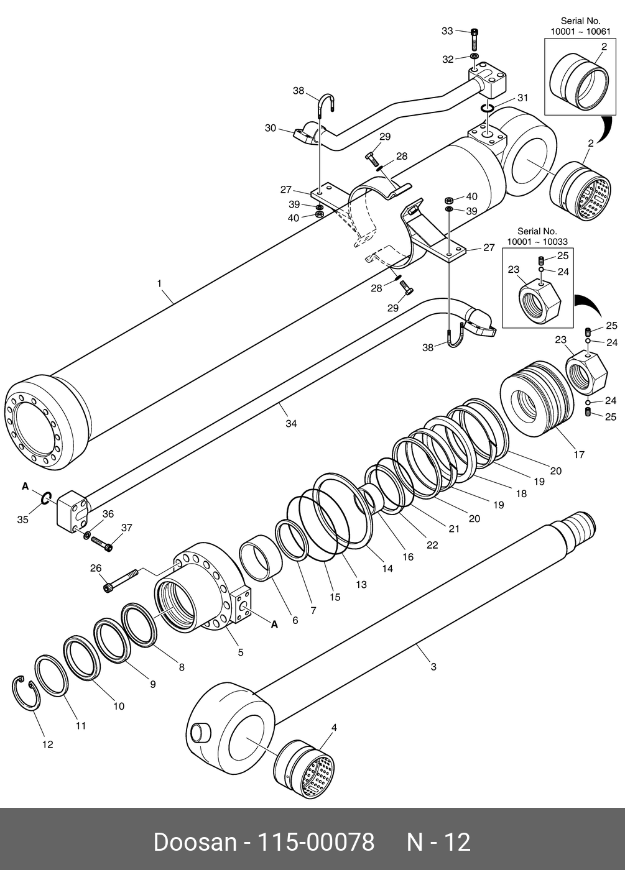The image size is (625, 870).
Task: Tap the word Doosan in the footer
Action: click(x=195, y=842)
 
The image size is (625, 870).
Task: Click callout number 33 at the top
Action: click(x=448, y=30)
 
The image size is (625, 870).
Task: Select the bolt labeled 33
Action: click(x=474, y=39)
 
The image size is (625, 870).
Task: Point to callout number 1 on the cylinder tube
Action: click(x=159, y=283)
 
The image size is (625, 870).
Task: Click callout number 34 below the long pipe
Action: click(x=291, y=423)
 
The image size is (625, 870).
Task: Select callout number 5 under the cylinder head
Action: click(x=240, y=652)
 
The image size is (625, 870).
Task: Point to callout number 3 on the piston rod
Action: click(x=433, y=667)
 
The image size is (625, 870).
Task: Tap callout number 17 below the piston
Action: click(x=579, y=455)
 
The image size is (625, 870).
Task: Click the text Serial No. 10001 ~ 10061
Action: click(x=580, y=26)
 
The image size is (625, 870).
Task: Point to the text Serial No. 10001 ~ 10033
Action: click(x=537, y=236)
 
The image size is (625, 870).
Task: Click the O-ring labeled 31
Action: click(x=487, y=109)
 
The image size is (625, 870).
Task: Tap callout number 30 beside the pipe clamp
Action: click(x=271, y=128)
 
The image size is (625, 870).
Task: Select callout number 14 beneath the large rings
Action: click(x=387, y=568)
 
